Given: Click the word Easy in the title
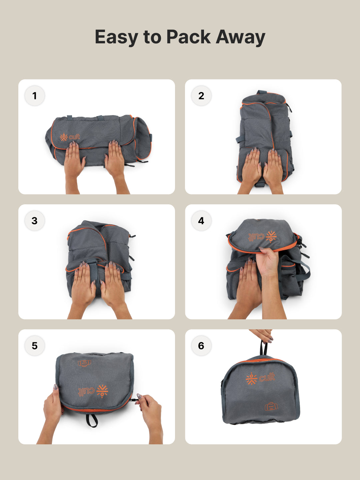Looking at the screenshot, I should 116,37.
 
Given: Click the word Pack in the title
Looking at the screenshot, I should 188,37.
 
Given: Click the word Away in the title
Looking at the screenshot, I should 240,37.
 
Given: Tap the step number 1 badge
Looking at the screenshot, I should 35,96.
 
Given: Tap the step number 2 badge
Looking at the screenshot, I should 201,96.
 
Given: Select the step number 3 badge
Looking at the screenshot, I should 35,221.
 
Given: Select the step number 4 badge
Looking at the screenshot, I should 201,221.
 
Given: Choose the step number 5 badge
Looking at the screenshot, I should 35,346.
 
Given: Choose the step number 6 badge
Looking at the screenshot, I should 201,346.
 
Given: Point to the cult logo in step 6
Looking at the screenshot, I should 261,378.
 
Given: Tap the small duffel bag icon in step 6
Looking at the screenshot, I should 271,406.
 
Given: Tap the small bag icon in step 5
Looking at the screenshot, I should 84,363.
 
